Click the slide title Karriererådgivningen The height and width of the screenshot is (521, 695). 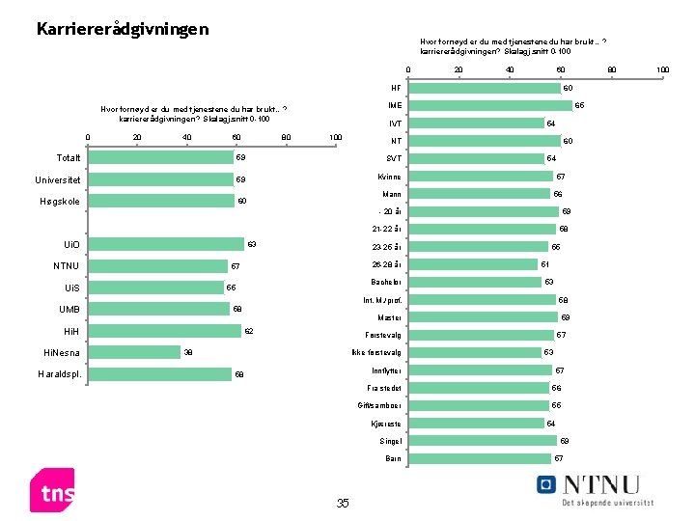pyautogui.click(x=122, y=29)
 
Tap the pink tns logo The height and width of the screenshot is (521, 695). pyautogui.click(x=53, y=493)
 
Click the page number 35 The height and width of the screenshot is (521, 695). pyautogui.click(x=342, y=504)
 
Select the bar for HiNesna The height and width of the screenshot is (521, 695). pyautogui.click(x=133, y=352)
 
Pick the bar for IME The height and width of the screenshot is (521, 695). pyautogui.click(x=489, y=105)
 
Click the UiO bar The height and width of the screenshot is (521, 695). pyautogui.click(x=165, y=244)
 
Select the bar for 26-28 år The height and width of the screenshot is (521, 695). pyautogui.click(x=472, y=264)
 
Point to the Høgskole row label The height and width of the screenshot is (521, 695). pyautogui.click(x=60, y=202)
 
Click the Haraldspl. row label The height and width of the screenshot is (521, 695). pyautogui.click(x=59, y=374)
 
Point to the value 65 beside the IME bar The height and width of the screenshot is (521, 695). pyautogui.click(x=579, y=105)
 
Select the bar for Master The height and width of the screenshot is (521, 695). pyautogui.click(x=483, y=316)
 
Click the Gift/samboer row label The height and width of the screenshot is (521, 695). pyautogui.click(x=379, y=405)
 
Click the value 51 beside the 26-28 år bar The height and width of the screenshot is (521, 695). pyautogui.click(x=545, y=264)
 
